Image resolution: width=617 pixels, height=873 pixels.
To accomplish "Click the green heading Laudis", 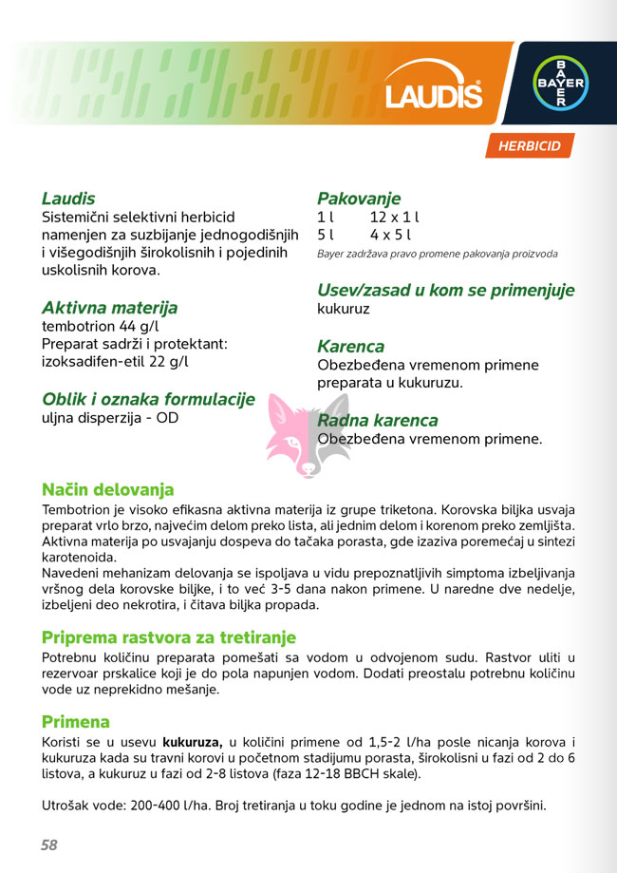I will click(68, 199).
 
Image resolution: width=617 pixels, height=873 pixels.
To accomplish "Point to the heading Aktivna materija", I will click(109, 308).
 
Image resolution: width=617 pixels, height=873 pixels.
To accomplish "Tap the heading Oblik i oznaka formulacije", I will click(148, 399).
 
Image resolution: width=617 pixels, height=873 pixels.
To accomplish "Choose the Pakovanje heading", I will click(359, 199).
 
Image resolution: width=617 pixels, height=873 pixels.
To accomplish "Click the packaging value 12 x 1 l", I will click(395, 218).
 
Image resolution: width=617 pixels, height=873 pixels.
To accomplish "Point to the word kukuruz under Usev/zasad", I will click(344, 309).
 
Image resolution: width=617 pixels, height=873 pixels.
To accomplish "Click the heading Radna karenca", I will click(378, 420).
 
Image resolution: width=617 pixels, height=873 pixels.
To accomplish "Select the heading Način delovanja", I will click(108, 489).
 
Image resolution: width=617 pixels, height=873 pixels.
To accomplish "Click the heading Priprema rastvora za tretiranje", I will click(169, 636).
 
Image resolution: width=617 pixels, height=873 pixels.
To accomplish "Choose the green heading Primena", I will click(76, 721).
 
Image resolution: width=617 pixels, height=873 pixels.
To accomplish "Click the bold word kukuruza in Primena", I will click(192, 741).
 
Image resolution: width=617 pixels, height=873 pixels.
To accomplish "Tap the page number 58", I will click(49, 845).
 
